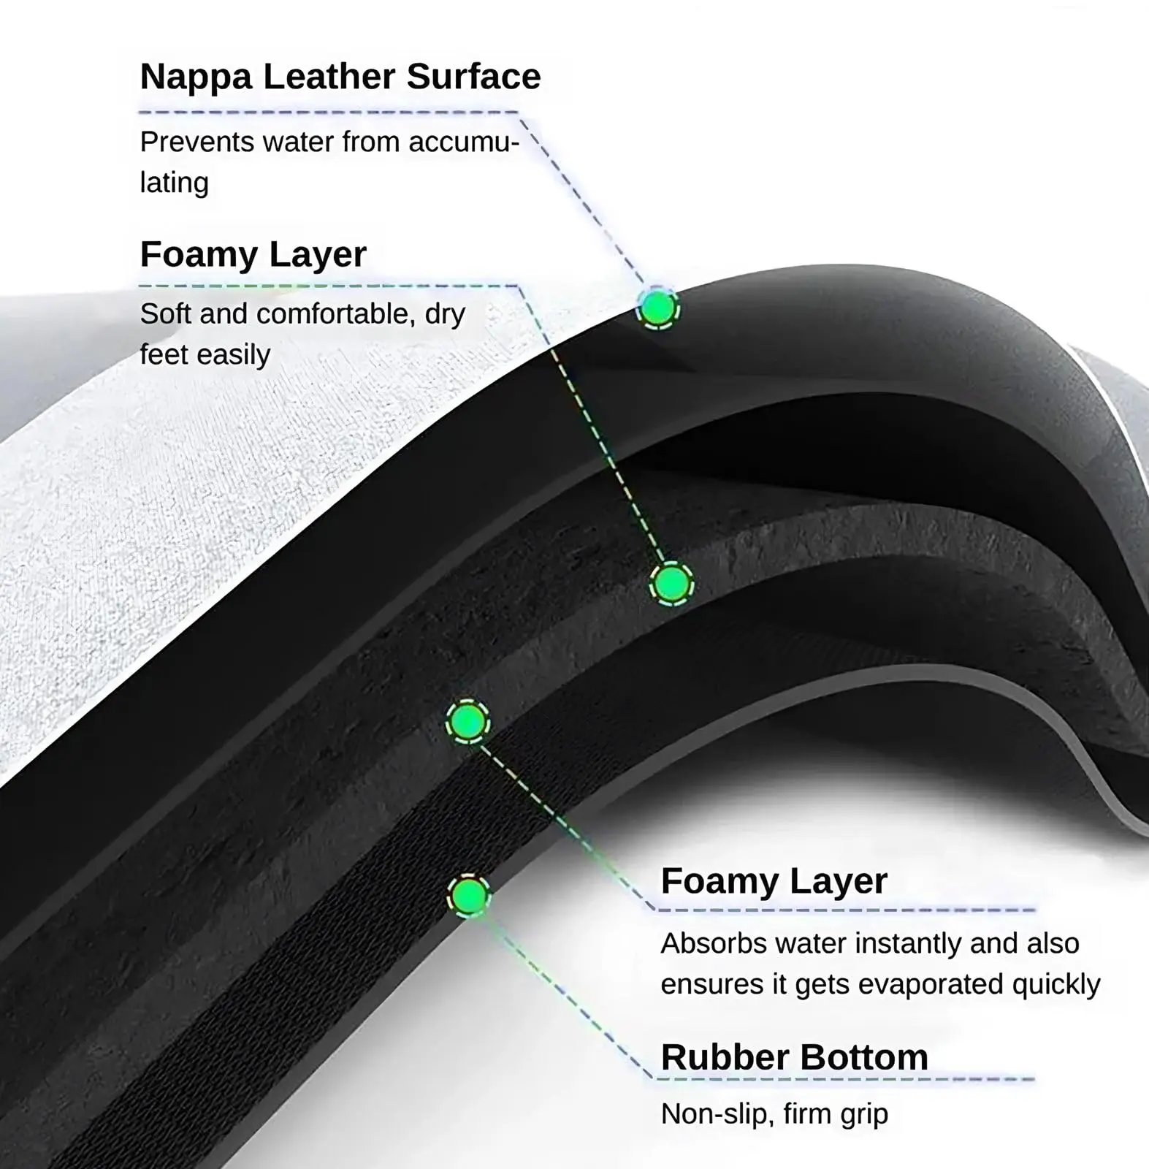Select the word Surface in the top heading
(x=473, y=76)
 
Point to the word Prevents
(x=196, y=142)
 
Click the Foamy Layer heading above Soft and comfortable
(x=253, y=254)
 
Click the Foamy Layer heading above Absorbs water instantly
(x=774, y=880)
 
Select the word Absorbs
(x=714, y=943)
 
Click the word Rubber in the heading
(x=725, y=1057)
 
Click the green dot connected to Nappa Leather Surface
(x=658, y=308)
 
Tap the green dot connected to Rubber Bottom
(x=468, y=896)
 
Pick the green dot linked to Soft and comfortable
(x=671, y=584)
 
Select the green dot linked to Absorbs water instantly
(x=467, y=722)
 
